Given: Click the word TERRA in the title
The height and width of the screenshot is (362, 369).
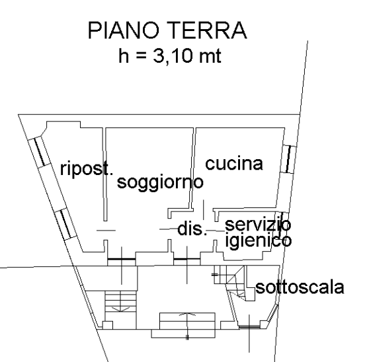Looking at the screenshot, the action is point(208,30).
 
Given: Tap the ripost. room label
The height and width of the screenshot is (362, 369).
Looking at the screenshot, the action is point(87,168).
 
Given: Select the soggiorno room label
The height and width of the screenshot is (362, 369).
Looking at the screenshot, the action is point(160,182).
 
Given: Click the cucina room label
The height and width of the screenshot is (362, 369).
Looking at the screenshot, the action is point(234,164).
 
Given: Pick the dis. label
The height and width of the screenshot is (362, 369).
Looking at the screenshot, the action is point(192,229).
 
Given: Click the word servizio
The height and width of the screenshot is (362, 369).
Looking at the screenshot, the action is point(258,224).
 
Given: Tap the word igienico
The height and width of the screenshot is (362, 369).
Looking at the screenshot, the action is point(259,240).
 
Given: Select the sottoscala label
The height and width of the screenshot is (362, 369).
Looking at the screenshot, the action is point(300,287).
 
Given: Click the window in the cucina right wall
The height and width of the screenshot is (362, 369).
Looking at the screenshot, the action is point(289,159).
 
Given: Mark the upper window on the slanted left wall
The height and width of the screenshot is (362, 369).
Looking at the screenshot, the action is point(39,152).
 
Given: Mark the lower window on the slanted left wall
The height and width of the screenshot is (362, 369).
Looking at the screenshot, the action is point(65,224).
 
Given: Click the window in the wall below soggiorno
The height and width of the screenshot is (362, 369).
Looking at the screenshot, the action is point(122,259).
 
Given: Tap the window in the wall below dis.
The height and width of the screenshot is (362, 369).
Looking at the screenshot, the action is point(187,259).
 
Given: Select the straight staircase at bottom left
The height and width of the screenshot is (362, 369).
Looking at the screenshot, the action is point(120,301).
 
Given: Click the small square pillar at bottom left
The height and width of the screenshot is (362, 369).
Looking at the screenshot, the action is point(108,325).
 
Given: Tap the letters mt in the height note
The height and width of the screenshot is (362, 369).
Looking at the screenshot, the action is point(210,56).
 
